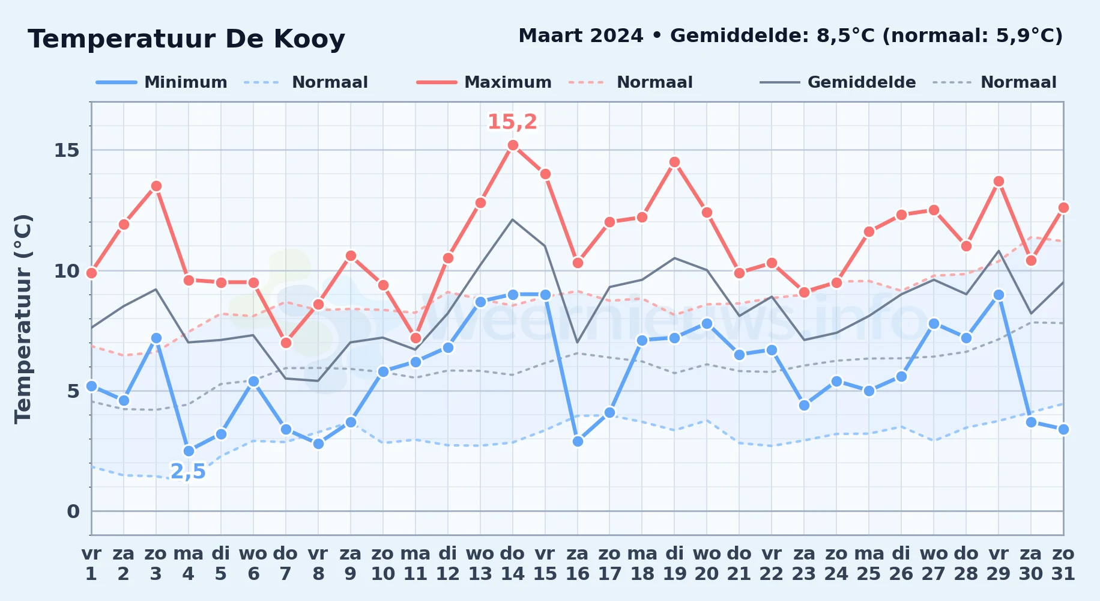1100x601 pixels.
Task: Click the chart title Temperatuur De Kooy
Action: click(186, 40)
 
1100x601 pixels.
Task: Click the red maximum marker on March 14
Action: click(513, 145)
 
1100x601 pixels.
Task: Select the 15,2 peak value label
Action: click(512, 122)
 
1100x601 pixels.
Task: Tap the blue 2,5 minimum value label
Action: click(188, 472)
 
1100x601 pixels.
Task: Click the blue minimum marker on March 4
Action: click(189, 451)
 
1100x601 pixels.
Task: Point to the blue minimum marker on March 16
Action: click(578, 441)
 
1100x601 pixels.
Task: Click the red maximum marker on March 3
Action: click(156, 186)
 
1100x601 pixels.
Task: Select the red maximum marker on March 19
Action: click(674, 162)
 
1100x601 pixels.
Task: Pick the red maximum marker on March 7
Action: click(286, 343)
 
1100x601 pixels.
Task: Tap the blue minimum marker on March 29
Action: click(999, 294)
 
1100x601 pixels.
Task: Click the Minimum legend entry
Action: click(162, 82)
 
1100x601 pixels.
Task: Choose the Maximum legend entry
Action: click(484, 82)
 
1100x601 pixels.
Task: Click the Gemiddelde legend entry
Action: click(838, 82)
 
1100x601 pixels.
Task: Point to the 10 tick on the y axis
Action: click(67, 270)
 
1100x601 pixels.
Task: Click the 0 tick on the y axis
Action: click(73, 511)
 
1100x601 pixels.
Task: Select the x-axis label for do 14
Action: click(513, 564)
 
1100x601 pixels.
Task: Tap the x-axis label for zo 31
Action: click(1063, 564)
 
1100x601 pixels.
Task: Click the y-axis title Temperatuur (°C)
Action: click(23, 319)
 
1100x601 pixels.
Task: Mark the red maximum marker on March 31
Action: click(1063, 207)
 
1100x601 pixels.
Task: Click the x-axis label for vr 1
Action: click(91, 564)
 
